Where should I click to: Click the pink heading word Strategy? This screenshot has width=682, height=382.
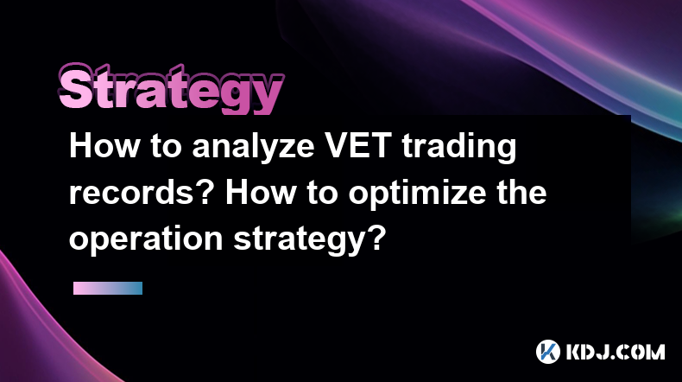[171, 88]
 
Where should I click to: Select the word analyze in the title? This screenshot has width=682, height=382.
[253, 147]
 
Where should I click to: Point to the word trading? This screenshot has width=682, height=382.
[459, 148]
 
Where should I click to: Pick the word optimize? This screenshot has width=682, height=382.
[417, 193]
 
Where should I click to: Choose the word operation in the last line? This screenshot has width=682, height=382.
[146, 239]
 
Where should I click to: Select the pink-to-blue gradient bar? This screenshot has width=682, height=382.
[108, 288]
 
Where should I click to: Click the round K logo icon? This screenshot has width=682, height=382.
[547, 352]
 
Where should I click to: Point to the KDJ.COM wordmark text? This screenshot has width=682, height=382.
[616, 352]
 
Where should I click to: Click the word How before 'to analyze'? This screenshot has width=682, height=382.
[104, 146]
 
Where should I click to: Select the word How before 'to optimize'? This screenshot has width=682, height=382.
[260, 193]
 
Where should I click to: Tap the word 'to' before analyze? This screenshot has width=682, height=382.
[166, 148]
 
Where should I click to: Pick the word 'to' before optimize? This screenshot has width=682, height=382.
[322, 194]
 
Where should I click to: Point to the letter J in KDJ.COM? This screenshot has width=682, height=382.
[604, 352]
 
